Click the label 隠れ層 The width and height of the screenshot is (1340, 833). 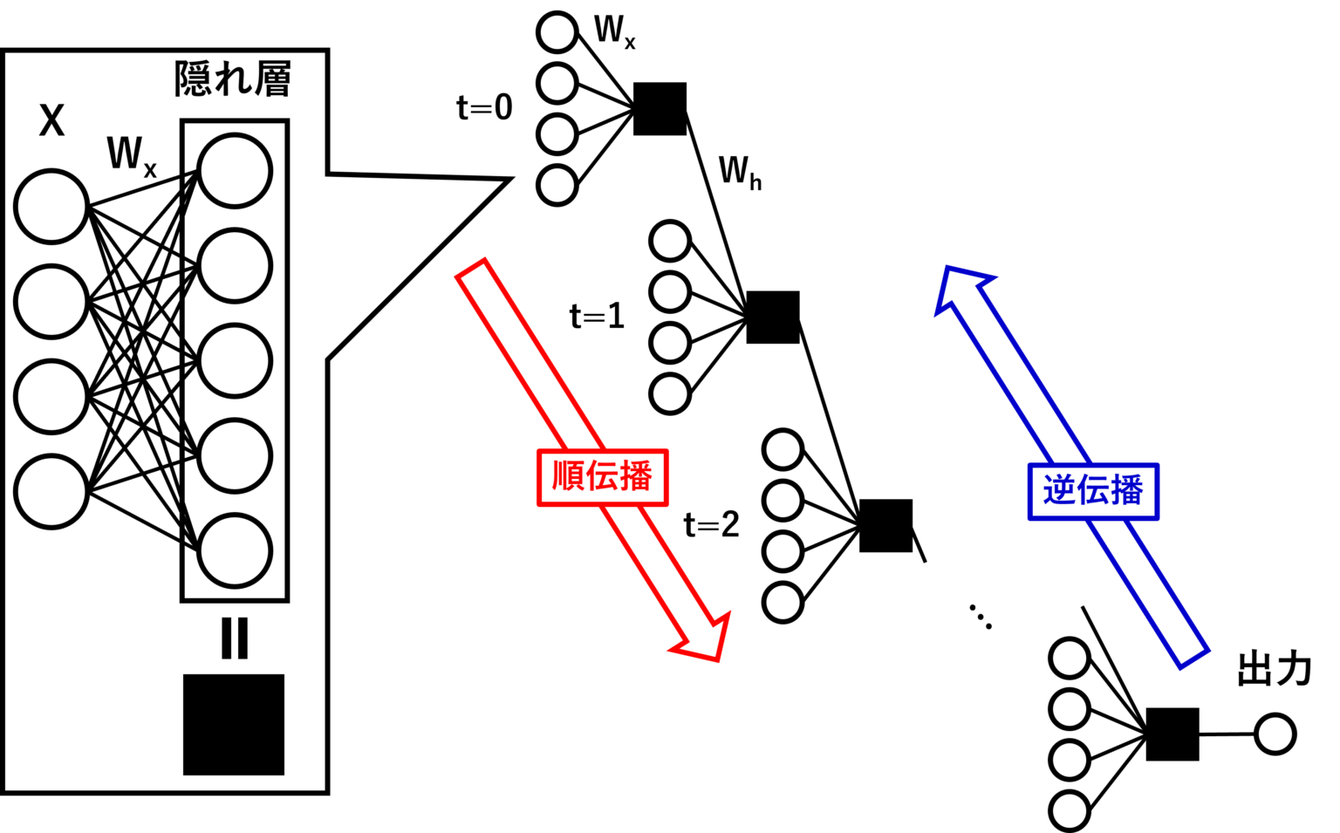(232, 80)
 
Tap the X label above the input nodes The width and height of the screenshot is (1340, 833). (51, 120)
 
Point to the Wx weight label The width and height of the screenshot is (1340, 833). (131, 155)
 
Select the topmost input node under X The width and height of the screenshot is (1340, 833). (51, 207)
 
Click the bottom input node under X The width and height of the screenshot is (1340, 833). (51, 491)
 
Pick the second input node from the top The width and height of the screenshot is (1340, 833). (51, 302)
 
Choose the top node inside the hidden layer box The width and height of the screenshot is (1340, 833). (234, 171)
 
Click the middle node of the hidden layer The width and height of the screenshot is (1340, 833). (234, 361)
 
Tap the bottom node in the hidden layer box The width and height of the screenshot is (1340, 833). (234, 551)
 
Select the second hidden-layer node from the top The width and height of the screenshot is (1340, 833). (234, 266)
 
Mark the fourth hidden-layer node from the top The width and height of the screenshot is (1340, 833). (234, 456)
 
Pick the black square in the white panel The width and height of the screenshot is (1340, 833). (234, 724)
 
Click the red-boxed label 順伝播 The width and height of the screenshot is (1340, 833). (602, 477)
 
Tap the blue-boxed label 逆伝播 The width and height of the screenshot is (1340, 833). (1093, 491)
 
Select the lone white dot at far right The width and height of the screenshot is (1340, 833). (1275, 734)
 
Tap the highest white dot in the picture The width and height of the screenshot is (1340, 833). (557, 32)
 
